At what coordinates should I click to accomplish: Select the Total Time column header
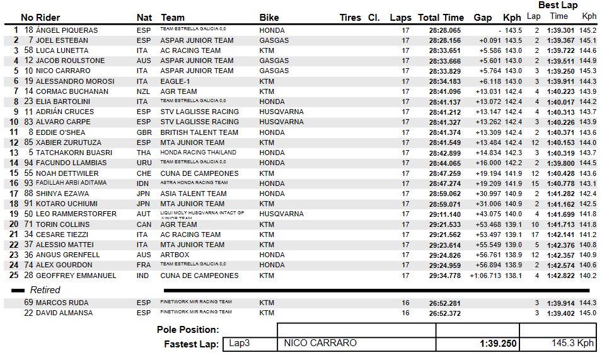point(441,18)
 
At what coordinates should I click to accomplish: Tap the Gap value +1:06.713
point(483,276)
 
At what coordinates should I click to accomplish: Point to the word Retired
point(45,290)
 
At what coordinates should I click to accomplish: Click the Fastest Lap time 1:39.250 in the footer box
point(498,344)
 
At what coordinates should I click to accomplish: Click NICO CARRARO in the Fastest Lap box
point(320,344)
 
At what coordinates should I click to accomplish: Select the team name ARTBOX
point(175,255)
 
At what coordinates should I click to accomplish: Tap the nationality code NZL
point(143,91)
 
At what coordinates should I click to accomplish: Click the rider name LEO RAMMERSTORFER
point(76,214)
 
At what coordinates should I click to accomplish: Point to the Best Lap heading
point(557,5)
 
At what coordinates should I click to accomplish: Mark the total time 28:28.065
point(444,30)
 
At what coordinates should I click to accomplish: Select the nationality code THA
point(143,153)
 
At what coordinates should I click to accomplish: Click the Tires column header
point(350,18)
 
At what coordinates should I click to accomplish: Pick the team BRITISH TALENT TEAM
point(199,132)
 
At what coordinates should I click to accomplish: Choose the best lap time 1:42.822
point(560,276)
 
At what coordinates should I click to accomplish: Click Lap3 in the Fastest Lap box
point(239,344)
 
